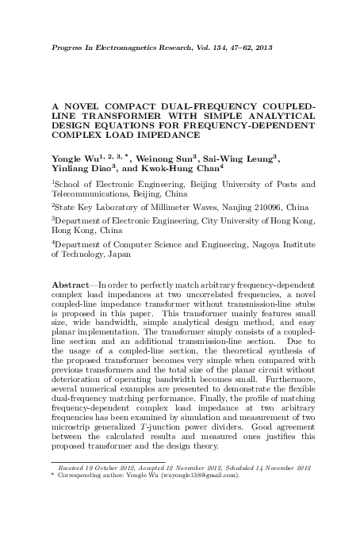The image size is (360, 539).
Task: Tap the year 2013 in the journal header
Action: click(262, 48)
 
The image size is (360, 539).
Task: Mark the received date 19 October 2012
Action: click(106, 468)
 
